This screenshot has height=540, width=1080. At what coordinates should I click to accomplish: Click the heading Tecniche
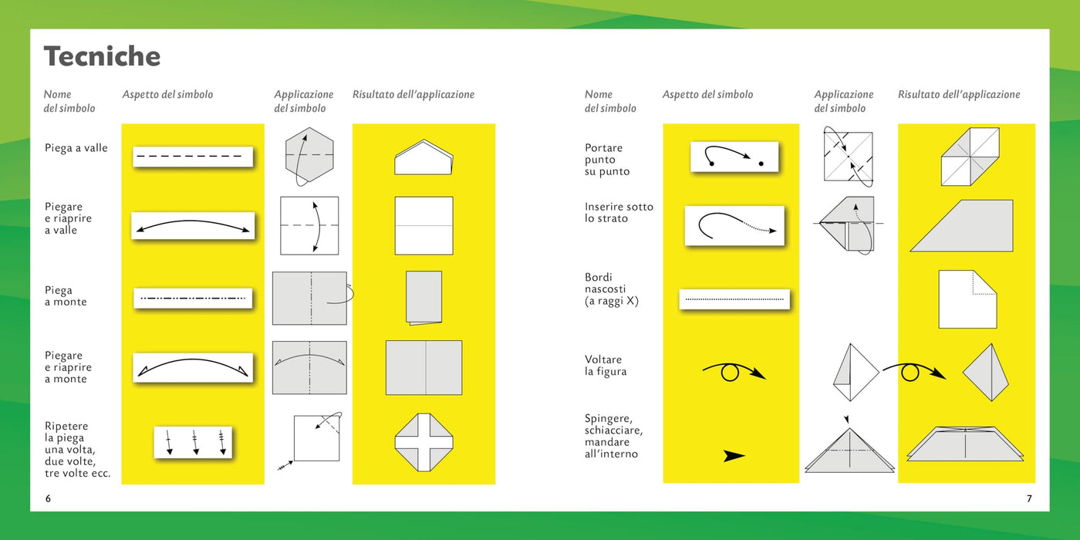tap(102, 56)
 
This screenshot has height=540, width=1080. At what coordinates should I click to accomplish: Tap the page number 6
tap(48, 498)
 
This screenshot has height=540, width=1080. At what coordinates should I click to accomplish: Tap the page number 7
tap(1029, 498)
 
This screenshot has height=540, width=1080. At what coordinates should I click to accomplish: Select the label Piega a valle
tap(76, 148)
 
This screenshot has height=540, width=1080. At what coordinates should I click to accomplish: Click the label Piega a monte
tap(66, 296)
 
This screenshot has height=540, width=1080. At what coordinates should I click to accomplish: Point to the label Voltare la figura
tap(606, 366)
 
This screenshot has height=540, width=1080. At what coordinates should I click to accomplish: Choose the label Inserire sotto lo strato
tap(619, 213)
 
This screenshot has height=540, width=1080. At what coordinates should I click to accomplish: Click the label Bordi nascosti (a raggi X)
tap(611, 289)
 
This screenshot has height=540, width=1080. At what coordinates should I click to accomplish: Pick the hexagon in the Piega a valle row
tap(309, 154)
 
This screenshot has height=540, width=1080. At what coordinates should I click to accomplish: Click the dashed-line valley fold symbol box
tap(193, 157)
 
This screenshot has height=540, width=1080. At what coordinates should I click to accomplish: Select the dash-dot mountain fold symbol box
tap(193, 299)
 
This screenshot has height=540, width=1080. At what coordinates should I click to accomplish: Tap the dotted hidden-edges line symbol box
tap(734, 299)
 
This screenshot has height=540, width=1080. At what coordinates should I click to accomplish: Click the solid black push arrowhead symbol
tap(734, 456)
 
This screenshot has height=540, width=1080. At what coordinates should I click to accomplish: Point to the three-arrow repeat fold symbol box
tap(193, 442)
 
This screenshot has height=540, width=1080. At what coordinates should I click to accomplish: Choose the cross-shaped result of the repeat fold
tap(424, 442)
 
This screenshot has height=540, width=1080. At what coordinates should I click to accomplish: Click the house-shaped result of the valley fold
tap(424, 157)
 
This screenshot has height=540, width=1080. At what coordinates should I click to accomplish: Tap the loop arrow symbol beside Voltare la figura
tap(734, 373)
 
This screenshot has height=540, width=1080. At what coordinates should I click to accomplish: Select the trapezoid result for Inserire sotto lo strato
tap(961, 225)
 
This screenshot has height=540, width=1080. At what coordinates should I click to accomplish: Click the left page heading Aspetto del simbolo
tap(167, 94)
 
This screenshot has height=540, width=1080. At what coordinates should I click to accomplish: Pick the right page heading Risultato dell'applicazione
tap(959, 94)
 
